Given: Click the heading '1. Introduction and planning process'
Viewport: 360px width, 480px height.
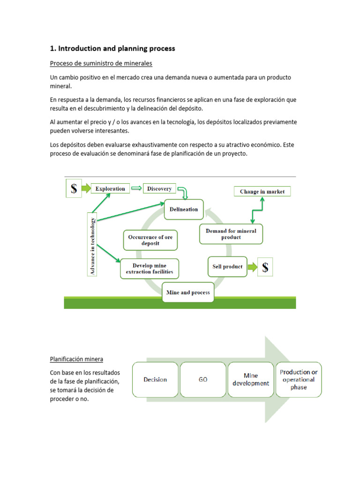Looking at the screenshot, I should pyautogui.click(x=112, y=48).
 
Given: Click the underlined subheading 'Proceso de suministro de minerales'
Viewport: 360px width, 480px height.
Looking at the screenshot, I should pyautogui.click(x=101, y=63).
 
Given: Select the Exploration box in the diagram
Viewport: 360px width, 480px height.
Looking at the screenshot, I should pyautogui.click(x=110, y=189).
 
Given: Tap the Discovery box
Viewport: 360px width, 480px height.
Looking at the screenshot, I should pyautogui.click(x=159, y=189).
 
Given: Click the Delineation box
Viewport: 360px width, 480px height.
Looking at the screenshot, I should pyautogui.click(x=184, y=210).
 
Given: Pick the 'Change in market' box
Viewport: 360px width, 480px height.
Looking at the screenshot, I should pyautogui.click(x=262, y=191).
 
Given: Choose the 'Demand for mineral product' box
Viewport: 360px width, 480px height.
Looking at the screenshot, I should pyautogui.click(x=231, y=234).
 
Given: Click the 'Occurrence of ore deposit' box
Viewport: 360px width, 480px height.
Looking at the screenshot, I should pyautogui.click(x=150, y=240).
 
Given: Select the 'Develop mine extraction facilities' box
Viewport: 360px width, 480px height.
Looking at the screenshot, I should pyautogui.click(x=150, y=269).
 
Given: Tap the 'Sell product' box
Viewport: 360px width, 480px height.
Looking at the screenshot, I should pyautogui.click(x=227, y=267).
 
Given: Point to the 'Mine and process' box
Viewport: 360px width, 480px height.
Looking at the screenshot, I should pyautogui.click(x=188, y=292).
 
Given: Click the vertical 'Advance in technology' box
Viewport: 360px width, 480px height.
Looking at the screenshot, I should pyautogui.click(x=93, y=246).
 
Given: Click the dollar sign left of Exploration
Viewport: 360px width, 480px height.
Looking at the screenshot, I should pyautogui.click(x=74, y=189).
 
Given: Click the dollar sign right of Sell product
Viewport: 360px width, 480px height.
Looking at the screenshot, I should pyautogui.click(x=265, y=267).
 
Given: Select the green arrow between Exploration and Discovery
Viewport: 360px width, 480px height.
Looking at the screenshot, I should pyautogui.click(x=136, y=189).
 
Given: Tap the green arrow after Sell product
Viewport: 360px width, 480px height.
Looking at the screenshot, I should pyautogui.click(x=253, y=267).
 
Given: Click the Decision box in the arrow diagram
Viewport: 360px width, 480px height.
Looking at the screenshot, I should pyautogui.click(x=155, y=379).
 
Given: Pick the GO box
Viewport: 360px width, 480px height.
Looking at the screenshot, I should pyautogui.click(x=202, y=379).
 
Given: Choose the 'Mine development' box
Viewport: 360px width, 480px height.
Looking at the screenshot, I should pyautogui.click(x=250, y=379).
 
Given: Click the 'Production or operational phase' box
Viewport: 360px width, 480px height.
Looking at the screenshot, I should pyautogui.click(x=299, y=379).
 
